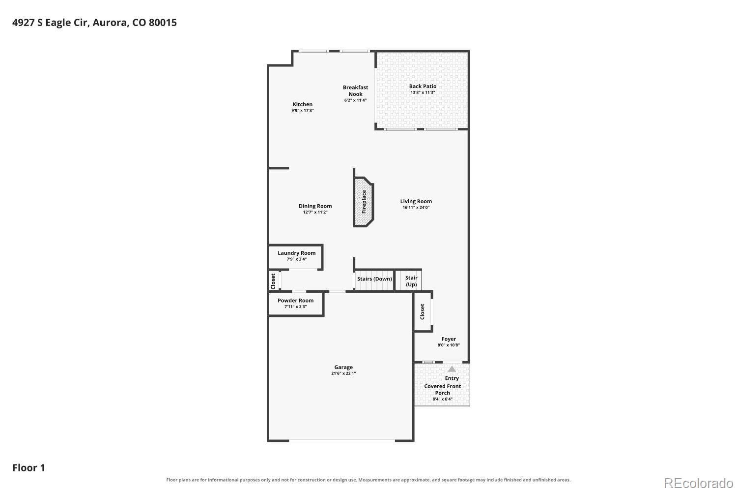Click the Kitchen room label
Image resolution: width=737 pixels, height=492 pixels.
coord(302,104)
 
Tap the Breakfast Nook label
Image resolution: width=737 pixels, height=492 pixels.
coord(355,91)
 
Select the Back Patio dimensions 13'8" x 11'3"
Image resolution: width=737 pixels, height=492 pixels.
coord(423,92)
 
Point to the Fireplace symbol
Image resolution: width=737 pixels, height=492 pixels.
coord(364,202)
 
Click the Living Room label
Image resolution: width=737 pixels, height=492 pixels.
coord(416,201)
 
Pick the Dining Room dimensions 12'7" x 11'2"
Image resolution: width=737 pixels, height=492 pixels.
coord(315,212)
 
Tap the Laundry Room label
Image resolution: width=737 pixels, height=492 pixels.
coord(296,253)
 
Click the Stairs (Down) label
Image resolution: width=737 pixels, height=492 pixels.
coord(374,279)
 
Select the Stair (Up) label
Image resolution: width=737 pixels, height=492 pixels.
coord(411,281)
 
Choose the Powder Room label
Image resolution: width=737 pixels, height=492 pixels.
coord(295,301)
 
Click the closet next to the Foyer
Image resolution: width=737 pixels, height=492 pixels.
coord(423,312)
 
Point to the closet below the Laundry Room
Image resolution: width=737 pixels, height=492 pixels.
coord(273,281)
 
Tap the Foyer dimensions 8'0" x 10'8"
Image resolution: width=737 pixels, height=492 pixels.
coord(449,345)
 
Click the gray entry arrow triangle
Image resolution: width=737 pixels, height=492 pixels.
coord(452,369)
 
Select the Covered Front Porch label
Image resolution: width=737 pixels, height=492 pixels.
coord(443,390)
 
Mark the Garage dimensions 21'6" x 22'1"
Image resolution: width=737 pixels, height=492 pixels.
coord(343,373)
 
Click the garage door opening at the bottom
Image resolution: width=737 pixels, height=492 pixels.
coord(342,440)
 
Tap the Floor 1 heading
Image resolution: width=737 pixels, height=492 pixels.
coord(28,467)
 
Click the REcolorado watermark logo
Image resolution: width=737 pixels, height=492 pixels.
coord(699,483)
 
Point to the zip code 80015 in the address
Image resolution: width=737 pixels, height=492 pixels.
coord(163,23)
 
